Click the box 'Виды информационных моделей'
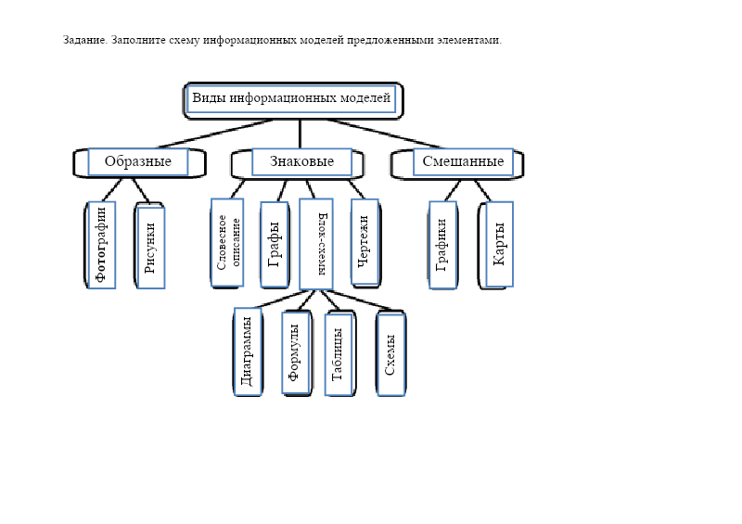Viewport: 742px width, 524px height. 292,98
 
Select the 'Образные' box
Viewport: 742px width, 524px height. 137,162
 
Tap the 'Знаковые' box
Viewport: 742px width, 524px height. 301,162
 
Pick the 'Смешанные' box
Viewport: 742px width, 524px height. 463,162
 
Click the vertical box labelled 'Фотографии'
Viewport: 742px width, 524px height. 101,244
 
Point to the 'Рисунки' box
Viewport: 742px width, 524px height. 150,247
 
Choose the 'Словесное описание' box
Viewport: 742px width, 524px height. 227,242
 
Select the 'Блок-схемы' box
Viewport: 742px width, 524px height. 316,243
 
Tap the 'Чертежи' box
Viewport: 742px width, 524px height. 365,240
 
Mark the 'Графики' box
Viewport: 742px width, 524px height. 442,244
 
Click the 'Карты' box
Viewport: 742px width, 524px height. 499,243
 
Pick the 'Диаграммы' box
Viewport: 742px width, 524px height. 248,351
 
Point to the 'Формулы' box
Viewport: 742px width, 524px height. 295,351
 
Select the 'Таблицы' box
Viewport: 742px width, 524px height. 339,353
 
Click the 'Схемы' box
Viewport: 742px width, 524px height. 390,353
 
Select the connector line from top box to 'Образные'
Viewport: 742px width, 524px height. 215,134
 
